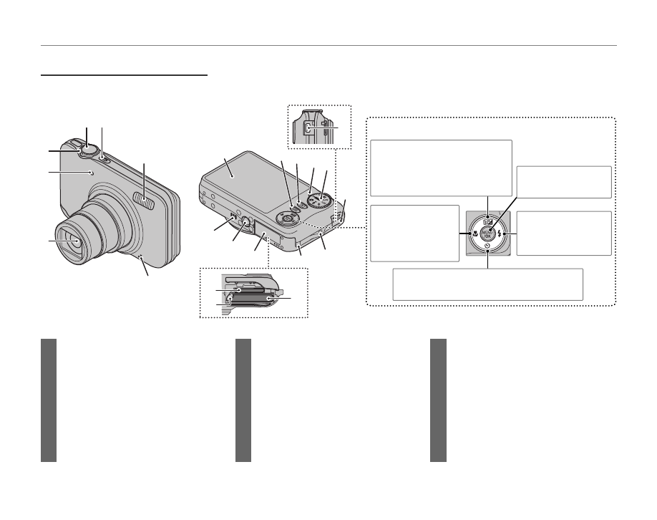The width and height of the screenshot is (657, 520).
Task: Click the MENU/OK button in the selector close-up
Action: point(487,233)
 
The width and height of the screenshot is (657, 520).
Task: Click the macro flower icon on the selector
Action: point(472,233)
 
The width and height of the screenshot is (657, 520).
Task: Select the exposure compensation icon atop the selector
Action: point(487,218)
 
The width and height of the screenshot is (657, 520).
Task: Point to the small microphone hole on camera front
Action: point(92,172)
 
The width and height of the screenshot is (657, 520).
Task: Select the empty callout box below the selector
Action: point(487,284)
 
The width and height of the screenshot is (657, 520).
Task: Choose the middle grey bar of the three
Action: point(243,400)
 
